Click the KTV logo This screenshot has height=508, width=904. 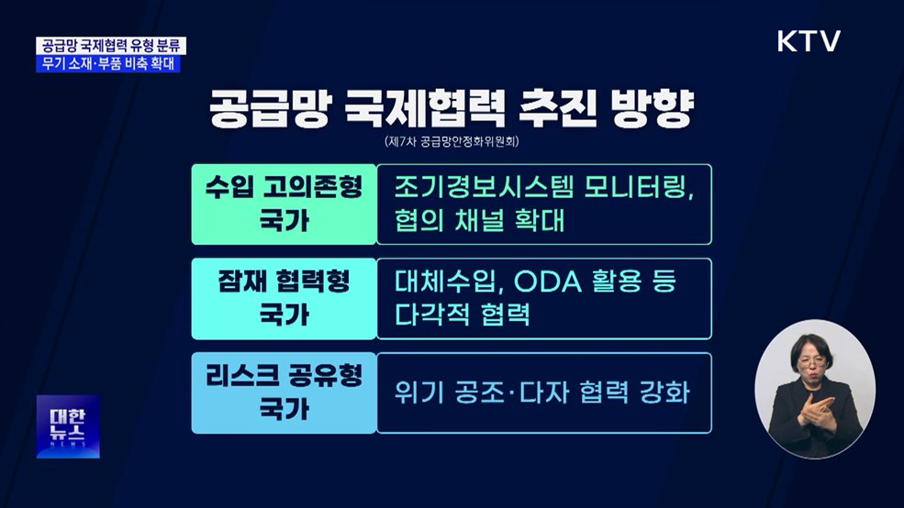tap(809, 41)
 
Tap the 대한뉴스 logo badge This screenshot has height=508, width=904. tap(67, 425)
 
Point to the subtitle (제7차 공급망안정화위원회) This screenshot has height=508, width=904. tap(452, 143)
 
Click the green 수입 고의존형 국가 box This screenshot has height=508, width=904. tap(284, 204)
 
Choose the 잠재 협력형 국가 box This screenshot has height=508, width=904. tap(284, 299)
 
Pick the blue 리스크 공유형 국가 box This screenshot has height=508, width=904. tap(284, 392)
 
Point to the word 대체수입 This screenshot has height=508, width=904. tap(447, 282)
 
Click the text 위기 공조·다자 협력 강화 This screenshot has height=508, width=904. tap(541, 393)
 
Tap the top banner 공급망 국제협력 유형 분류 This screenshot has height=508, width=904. tap(115, 46)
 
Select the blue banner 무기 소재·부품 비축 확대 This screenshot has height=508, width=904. tap(111, 64)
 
